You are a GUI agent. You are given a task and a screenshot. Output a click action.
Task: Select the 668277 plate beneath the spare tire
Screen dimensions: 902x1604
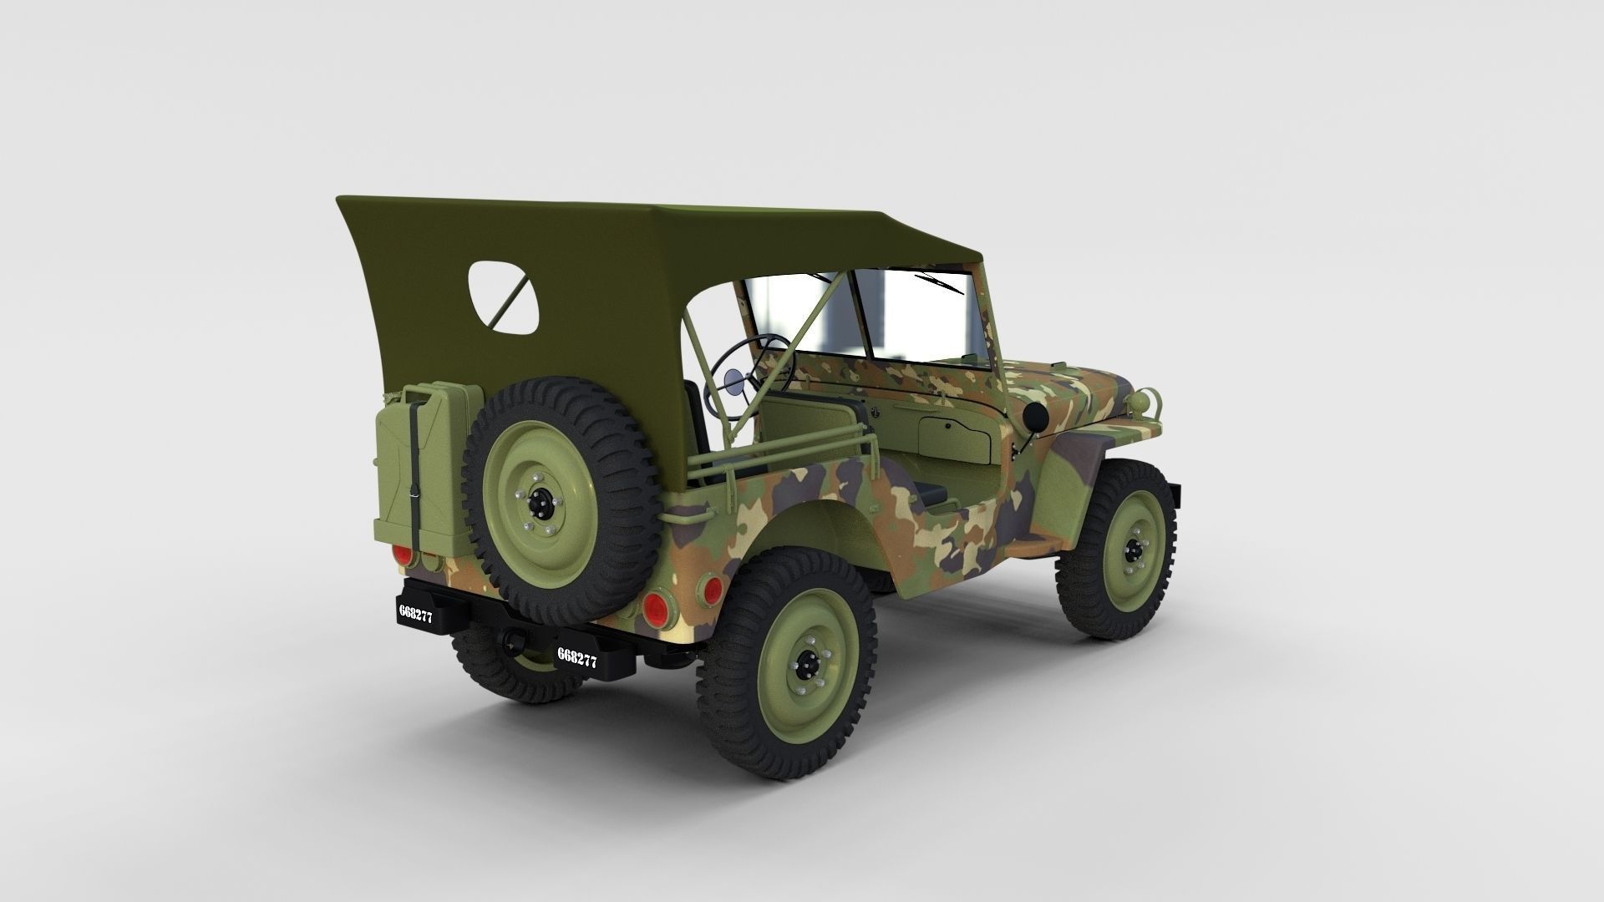click(577, 657)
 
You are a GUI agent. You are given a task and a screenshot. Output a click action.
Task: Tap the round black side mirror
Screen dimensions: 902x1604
click(1036, 415)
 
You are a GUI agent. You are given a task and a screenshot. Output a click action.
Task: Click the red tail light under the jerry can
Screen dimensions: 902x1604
click(404, 555)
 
